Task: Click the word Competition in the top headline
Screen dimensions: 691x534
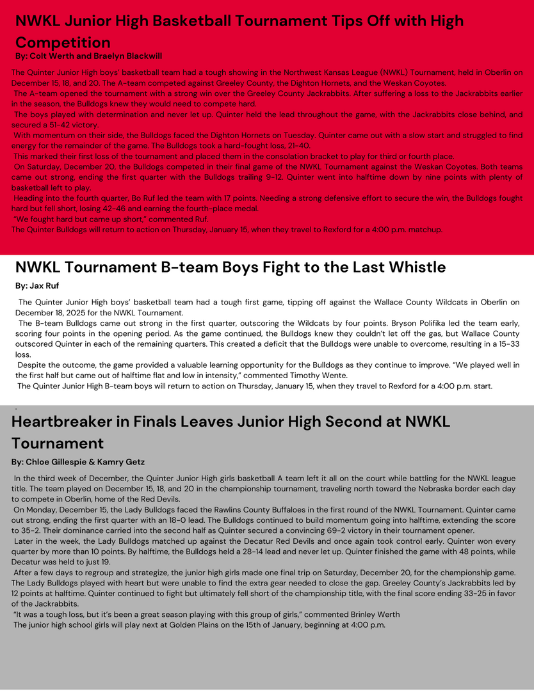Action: pyautogui.click(x=63, y=43)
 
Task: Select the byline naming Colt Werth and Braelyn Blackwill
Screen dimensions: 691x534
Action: pyautogui.click(x=88, y=56)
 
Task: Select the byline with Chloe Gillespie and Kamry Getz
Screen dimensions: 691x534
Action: pyautogui.click(x=77, y=462)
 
